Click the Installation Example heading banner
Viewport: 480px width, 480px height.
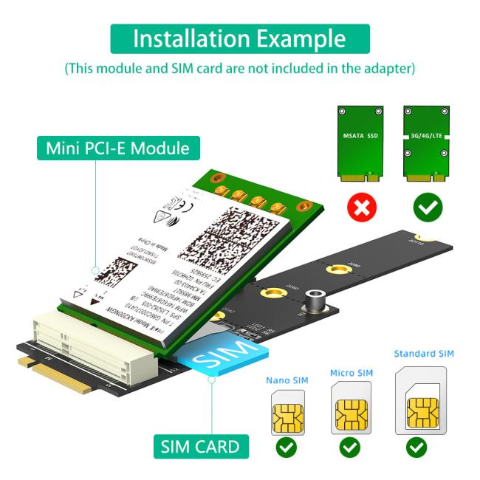point(240,38)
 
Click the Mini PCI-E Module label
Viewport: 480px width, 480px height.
point(117,148)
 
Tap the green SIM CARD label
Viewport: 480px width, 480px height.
point(199,446)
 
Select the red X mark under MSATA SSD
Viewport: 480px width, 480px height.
point(361,209)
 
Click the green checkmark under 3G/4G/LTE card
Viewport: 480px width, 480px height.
point(428,209)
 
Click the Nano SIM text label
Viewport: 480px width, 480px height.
point(287,380)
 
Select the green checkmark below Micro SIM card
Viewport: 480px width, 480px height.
point(351,447)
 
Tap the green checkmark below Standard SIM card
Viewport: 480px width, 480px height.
point(417,447)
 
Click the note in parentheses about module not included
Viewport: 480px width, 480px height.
point(240,69)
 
